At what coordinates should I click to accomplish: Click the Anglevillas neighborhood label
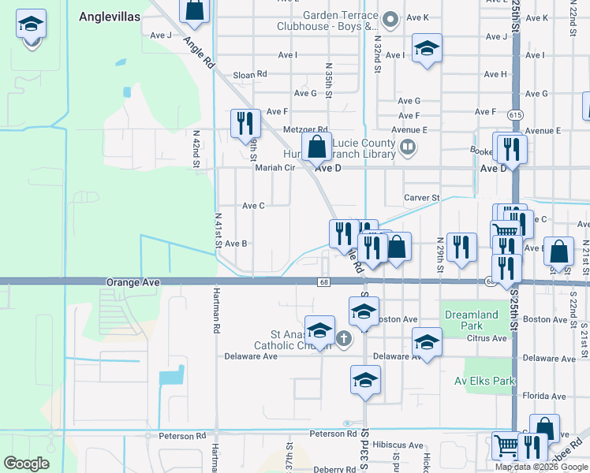click(111, 15)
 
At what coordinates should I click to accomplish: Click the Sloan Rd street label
click(250, 75)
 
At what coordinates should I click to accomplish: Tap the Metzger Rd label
click(307, 130)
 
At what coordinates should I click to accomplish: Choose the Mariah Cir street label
click(274, 167)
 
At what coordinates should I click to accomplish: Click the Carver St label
click(421, 197)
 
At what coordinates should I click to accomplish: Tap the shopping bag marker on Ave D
click(316, 147)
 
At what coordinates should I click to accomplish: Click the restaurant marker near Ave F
click(245, 123)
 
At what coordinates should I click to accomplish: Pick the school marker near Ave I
click(427, 49)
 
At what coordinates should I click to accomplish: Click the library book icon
click(408, 145)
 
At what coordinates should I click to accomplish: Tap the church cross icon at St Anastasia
click(343, 339)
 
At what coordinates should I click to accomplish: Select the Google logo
click(26, 464)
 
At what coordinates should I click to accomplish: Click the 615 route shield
click(515, 115)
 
